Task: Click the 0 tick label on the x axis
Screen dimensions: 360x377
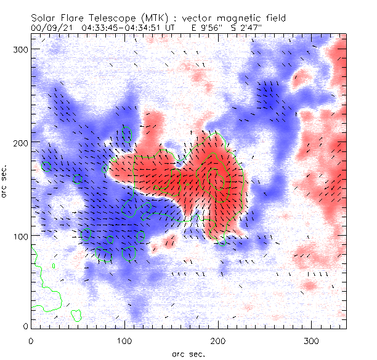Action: (31, 340)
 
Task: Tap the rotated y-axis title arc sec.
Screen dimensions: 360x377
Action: (6, 182)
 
